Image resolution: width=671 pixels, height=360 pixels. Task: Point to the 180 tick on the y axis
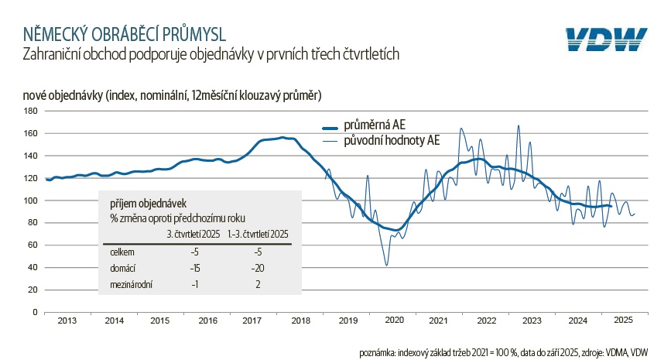click(x=32, y=111)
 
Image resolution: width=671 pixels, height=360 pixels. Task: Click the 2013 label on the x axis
click(x=67, y=320)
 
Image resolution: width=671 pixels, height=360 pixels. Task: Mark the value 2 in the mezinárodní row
click(x=258, y=284)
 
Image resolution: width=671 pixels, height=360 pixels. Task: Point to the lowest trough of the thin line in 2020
click(x=386, y=266)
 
